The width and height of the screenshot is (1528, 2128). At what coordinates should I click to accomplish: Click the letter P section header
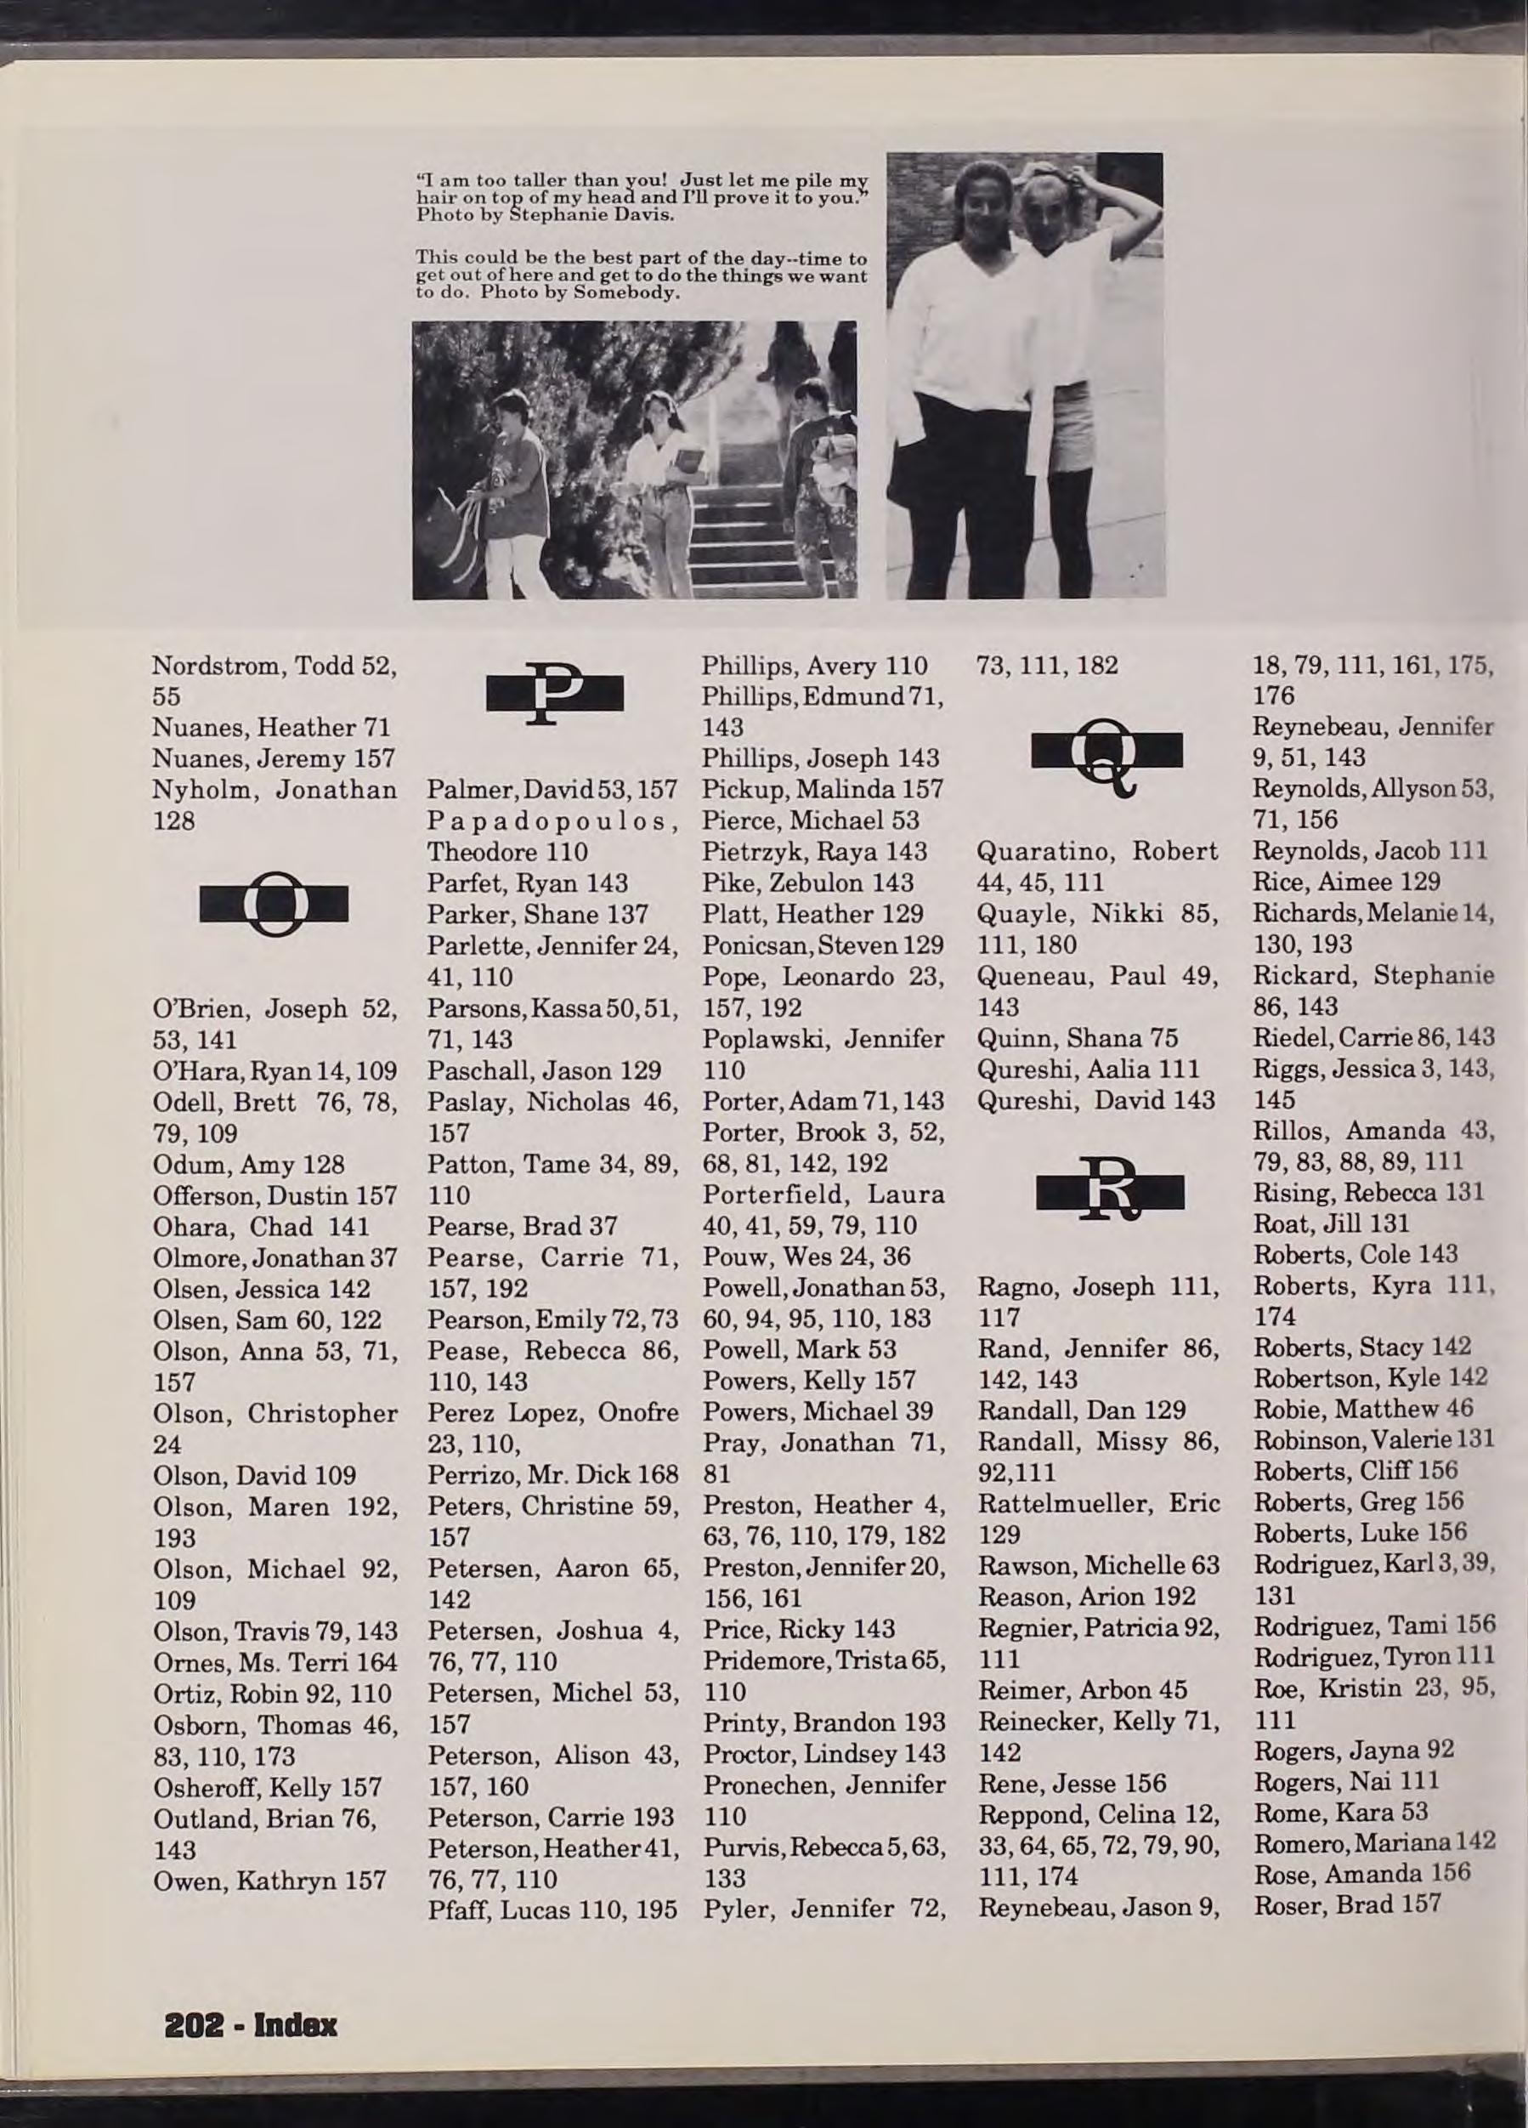[554, 694]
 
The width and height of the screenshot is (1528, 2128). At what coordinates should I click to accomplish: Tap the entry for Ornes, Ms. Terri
[274, 1662]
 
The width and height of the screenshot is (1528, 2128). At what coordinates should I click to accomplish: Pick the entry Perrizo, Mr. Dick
[552, 1474]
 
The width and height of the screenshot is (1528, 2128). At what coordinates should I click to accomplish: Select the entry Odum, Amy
[248, 1163]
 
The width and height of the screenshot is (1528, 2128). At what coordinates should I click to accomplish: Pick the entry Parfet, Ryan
[527, 883]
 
